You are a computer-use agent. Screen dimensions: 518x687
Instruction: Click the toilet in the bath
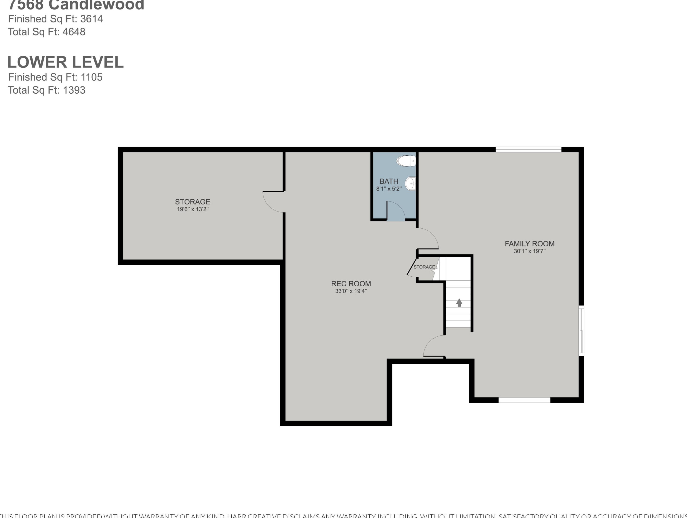click(406, 161)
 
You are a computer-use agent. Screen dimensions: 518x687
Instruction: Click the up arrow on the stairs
click(459, 302)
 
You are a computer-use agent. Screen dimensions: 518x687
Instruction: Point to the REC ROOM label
click(351, 284)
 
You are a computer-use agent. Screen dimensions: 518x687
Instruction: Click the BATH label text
click(389, 181)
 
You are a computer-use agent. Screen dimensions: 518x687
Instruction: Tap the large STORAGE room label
click(193, 202)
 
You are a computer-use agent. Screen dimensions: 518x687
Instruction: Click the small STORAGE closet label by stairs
click(424, 267)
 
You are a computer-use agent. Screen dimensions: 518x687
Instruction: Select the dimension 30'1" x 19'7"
click(529, 251)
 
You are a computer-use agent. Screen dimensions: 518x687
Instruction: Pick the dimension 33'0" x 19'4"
click(351, 291)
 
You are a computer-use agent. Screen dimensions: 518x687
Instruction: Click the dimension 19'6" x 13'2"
click(193, 209)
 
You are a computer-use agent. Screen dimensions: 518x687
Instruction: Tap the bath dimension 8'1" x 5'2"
click(389, 189)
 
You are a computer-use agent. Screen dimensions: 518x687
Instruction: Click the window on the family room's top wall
click(528, 150)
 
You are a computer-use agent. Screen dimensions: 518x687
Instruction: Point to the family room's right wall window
click(581, 330)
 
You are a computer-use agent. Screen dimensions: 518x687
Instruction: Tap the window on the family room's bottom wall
click(524, 400)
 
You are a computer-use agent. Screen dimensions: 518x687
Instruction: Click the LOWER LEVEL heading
click(66, 62)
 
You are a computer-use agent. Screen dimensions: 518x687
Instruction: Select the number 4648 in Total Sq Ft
click(74, 32)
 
